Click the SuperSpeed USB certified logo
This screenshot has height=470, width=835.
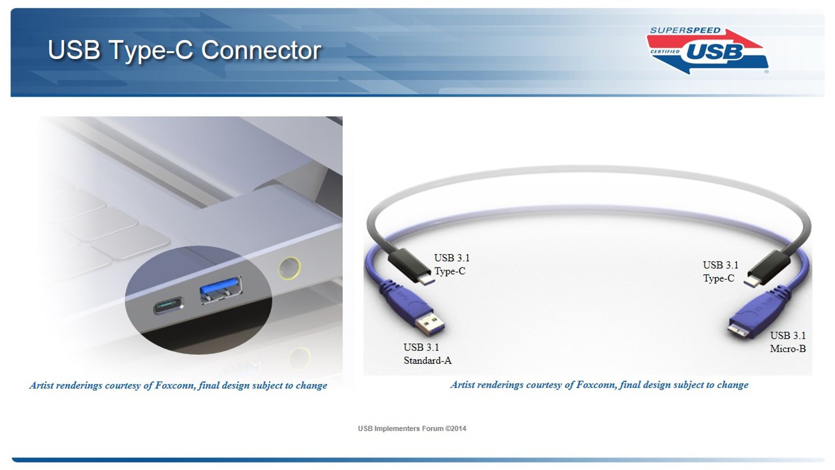(708, 51)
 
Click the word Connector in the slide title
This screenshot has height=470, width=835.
(261, 51)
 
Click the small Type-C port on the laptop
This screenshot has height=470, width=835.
(169, 305)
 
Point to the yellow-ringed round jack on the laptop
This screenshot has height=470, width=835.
(289, 268)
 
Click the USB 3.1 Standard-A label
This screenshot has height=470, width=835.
(428, 354)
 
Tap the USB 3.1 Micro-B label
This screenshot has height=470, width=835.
(788, 342)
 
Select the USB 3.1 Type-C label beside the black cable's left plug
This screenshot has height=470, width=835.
(452, 264)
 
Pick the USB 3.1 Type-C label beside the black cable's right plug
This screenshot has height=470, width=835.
(721, 272)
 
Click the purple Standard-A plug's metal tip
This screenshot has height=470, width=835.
(430, 325)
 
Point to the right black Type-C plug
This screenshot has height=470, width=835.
(767, 269)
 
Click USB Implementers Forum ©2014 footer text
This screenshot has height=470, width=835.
(412, 429)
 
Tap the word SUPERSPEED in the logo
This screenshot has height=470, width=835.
(685, 30)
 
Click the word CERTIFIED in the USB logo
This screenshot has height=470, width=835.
(665, 52)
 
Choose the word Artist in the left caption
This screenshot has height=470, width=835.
(41, 385)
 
